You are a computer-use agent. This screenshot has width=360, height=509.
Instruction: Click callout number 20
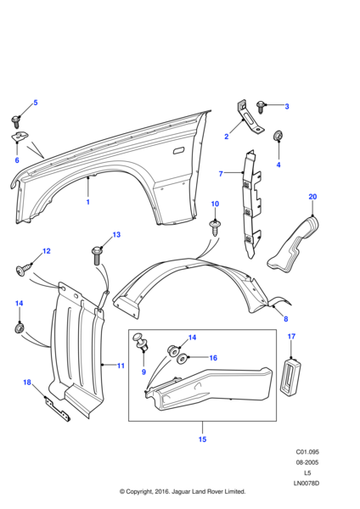pos(312,197)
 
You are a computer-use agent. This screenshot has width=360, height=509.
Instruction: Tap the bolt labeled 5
pos(16,122)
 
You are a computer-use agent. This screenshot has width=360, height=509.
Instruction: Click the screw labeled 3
pos(261,107)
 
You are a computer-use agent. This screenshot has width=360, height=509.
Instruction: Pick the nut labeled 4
pos(278,136)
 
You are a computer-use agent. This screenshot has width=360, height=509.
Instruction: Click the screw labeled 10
pos(215,228)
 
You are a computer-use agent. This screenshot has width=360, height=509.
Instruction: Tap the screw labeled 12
pos(24,270)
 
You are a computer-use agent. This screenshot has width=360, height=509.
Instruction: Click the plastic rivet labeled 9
pos(141,343)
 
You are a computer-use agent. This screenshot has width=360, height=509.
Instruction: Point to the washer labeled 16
pos(182,360)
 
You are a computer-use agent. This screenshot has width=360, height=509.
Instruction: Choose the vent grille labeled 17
pos(290,377)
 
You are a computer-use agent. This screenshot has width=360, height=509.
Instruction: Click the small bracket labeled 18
pos(58,409)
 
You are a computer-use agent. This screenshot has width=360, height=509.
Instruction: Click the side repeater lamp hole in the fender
pos(178,151)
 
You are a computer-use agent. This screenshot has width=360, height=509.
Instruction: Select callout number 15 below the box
pos(202,439)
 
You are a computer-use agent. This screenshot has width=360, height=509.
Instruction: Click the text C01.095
pos(307,452)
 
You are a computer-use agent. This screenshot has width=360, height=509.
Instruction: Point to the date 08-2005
pos(307,462)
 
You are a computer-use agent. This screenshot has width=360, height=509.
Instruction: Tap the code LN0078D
pos(307,484)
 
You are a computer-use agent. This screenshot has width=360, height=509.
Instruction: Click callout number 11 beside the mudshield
pos(121,366)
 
